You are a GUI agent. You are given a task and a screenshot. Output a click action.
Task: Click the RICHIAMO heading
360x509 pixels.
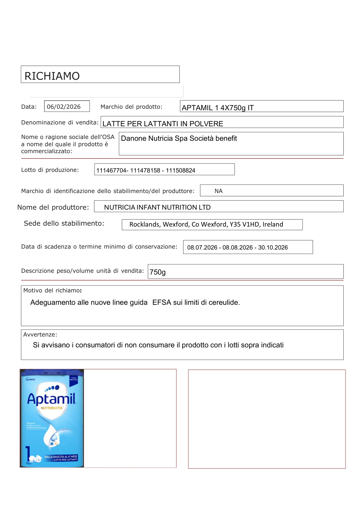52,76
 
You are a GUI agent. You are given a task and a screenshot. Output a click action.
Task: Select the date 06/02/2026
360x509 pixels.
64,107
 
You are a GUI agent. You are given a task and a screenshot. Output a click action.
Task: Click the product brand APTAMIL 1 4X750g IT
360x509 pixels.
217,108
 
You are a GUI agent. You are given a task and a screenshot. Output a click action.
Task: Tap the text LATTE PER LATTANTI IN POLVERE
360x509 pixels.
162,124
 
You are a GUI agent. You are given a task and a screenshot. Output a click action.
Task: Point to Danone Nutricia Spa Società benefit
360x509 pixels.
179,138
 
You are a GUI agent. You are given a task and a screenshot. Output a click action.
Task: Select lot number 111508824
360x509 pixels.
181,170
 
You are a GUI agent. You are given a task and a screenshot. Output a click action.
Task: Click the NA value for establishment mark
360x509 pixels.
218,191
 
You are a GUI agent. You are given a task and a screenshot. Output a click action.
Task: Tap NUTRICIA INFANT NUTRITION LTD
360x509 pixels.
157,207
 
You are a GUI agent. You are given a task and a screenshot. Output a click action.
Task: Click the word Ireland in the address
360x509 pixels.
273,224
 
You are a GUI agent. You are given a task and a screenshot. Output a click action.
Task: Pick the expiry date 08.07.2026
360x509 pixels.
202,247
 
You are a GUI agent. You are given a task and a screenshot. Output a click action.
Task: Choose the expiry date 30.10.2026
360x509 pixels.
273,247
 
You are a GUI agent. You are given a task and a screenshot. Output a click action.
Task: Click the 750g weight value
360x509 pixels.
158,272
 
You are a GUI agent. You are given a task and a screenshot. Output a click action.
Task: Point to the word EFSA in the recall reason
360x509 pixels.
162,302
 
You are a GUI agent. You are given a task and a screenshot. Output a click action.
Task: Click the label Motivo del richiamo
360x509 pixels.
52,290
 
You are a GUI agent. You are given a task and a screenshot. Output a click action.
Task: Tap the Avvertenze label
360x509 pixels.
40,334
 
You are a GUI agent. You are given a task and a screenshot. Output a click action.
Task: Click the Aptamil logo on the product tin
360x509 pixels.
52,399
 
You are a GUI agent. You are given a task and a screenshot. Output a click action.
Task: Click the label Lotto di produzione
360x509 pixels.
50,170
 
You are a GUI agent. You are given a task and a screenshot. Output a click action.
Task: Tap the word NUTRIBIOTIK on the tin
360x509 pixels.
52,408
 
